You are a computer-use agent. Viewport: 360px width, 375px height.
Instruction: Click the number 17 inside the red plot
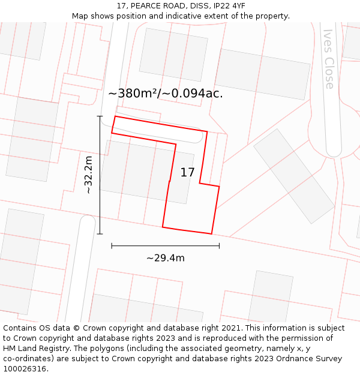coord(187,173)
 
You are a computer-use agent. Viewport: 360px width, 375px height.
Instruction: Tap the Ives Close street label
coord(329,59)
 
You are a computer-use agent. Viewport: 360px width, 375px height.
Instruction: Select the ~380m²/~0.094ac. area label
coord(165,94)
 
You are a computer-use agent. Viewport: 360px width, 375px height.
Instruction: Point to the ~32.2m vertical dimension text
coord(88,175)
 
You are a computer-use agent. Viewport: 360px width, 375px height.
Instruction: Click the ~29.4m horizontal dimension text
coord(165,258)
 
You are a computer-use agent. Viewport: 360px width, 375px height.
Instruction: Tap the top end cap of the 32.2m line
coord(100,116)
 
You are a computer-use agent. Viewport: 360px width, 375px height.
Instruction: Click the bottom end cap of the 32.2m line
coord(100,233)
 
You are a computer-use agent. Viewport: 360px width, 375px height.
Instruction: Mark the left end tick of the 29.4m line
coord(112,245)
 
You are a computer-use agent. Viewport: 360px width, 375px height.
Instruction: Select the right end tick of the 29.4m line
coord(219,245)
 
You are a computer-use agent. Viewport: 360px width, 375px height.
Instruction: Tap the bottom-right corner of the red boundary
coord(211,234)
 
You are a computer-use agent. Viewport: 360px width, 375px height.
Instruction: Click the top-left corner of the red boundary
coord(114,116)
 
